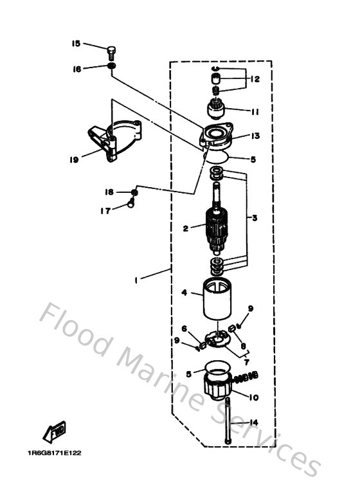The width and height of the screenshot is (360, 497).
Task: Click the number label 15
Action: click(76, 44)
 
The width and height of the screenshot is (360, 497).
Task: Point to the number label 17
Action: click(104, 210)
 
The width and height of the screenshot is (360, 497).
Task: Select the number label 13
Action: click(255, 136)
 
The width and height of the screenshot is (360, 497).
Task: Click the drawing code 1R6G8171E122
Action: click(55, 453)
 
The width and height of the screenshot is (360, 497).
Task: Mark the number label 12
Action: click(255, 79)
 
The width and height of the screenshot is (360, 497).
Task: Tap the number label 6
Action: click(184, 329)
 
